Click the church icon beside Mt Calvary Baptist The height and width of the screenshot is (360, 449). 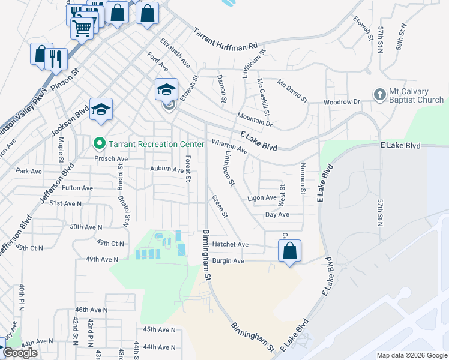click(x=379, y=95)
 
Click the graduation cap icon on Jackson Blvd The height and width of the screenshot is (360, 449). click(x=101, y=109)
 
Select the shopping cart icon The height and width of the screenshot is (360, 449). click(x=82, y=26)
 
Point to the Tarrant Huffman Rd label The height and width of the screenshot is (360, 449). click(x=225, y=39)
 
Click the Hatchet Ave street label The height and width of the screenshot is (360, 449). click(x=231, y=245)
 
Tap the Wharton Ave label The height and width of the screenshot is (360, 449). click(x=229, y=146)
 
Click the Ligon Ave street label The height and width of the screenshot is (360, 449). click(x=262, y=197)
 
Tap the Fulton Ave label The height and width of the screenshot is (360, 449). click(x=77, y=188)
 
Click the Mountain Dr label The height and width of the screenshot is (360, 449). click(x=255, y=119)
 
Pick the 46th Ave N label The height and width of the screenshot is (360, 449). click(x=91, y=310)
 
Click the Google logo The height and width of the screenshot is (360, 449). click(x=20, y=353)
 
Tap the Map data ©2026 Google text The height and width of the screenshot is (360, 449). click(x=412, y=355)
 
